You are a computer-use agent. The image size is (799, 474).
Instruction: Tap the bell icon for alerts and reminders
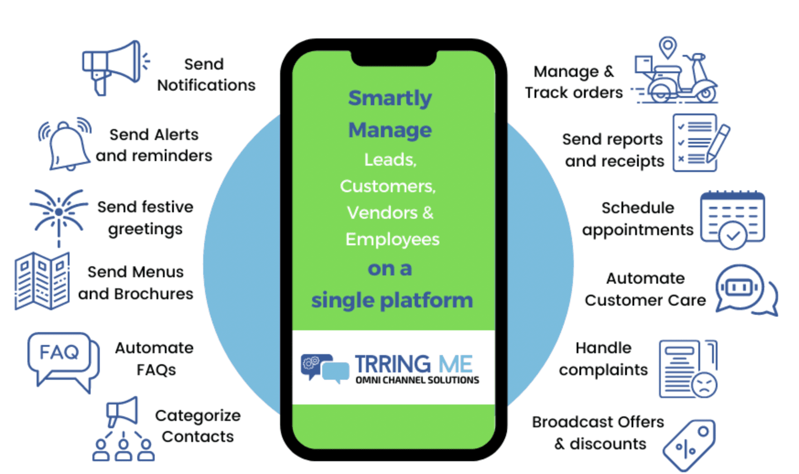pos(66,144)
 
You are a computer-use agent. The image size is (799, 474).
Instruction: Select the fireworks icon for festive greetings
pos(59,214)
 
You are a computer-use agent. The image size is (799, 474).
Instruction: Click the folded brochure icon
pos(42,280)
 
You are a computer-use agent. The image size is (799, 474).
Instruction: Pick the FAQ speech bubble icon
pos(62,359)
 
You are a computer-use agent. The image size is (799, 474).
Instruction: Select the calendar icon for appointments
pos(732,219)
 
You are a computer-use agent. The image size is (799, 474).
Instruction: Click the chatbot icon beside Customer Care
pos(744,290)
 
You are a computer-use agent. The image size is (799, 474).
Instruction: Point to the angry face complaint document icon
pos(688,369)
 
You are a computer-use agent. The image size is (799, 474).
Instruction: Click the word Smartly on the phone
pos(390,98)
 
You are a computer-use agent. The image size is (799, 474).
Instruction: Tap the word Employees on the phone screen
pos(392,239)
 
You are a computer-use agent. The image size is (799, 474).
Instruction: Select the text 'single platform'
pos(392,301)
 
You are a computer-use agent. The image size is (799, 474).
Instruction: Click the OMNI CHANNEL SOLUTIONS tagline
pos(417,380)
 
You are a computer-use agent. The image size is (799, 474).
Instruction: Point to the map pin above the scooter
pos(668,47)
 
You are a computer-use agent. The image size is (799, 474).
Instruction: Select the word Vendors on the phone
pos(382,213)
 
